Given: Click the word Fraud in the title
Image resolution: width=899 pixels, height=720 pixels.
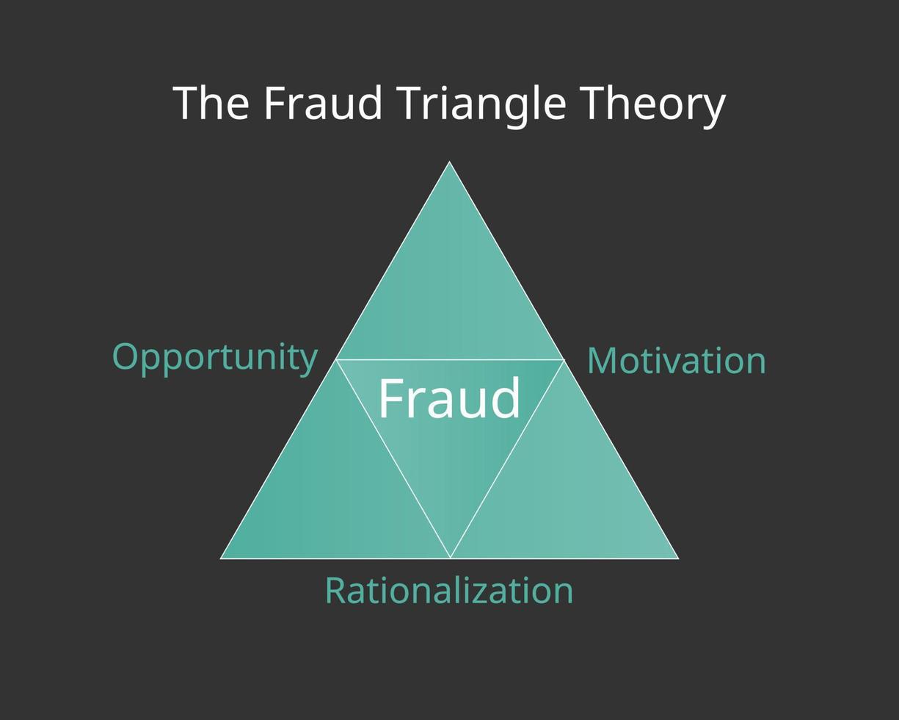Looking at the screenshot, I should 323,103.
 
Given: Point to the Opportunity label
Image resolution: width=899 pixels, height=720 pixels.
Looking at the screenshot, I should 214,358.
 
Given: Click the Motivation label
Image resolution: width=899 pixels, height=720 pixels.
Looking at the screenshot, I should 677,361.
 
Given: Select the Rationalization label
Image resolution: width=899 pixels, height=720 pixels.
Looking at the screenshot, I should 449,591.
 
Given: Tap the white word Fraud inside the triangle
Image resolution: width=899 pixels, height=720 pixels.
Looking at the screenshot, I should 449,398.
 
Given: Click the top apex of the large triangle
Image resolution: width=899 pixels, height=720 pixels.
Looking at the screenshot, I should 449,162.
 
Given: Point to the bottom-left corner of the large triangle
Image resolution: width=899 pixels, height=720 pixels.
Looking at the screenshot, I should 221,558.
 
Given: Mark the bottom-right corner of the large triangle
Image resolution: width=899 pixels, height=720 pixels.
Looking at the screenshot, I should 678,558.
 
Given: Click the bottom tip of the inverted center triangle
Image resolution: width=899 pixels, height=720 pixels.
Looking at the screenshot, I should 450,558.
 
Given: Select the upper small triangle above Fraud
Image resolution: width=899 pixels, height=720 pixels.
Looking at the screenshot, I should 449,294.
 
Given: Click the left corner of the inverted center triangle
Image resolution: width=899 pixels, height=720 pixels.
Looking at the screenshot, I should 336,360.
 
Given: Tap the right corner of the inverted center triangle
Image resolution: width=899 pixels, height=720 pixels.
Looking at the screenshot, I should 564,360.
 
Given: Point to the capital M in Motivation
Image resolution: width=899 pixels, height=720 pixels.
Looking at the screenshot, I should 603,361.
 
